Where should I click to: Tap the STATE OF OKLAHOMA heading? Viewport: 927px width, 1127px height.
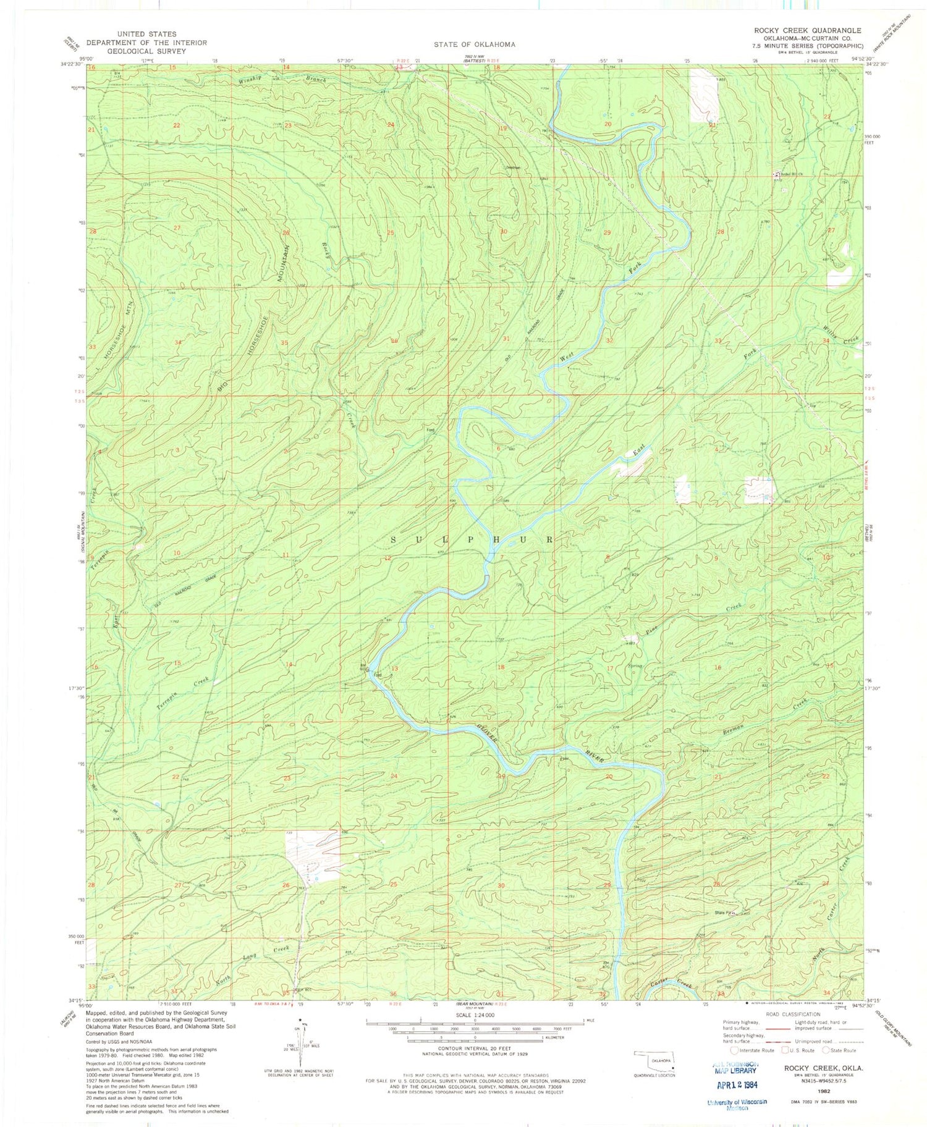point(474,44)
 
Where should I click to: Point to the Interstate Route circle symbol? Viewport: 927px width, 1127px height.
point(734,1050)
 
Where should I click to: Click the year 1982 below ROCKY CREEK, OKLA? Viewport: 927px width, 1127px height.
point(823,1092)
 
